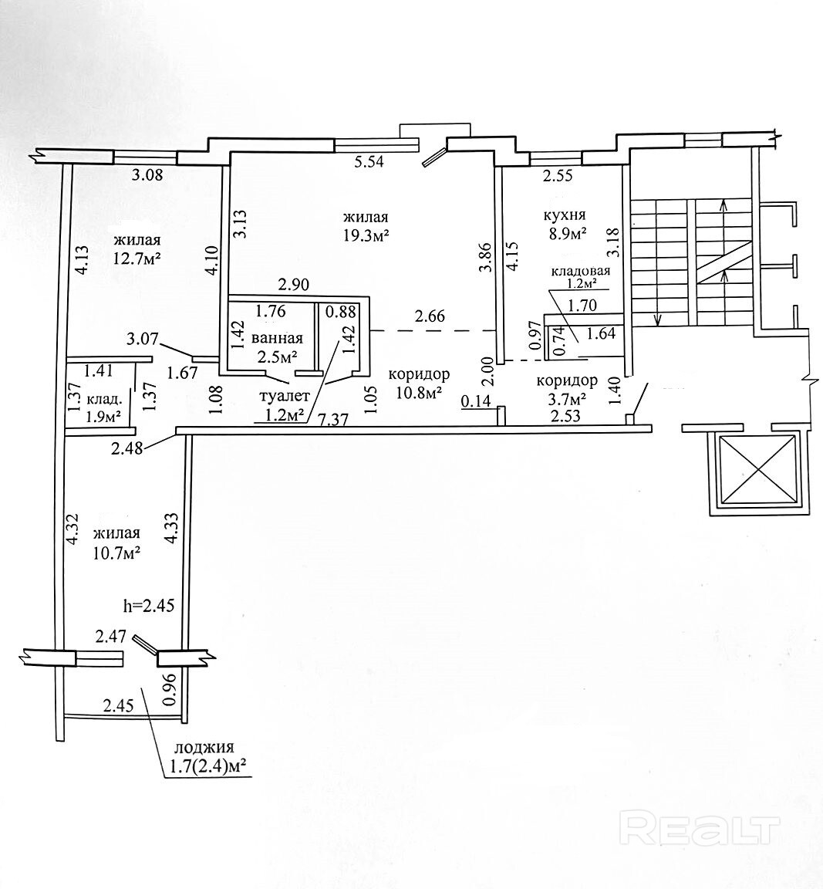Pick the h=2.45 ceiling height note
tap(149, 605)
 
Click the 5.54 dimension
tap(368, 163)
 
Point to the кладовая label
tap(581, 271)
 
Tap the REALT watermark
tap(700, 830)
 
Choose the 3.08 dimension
tap(147, 174)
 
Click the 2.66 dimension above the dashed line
tap(430, 316)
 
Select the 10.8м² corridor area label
tap(419, 393)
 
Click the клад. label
tap(103, 400)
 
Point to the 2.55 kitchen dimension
tap(558, 176)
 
